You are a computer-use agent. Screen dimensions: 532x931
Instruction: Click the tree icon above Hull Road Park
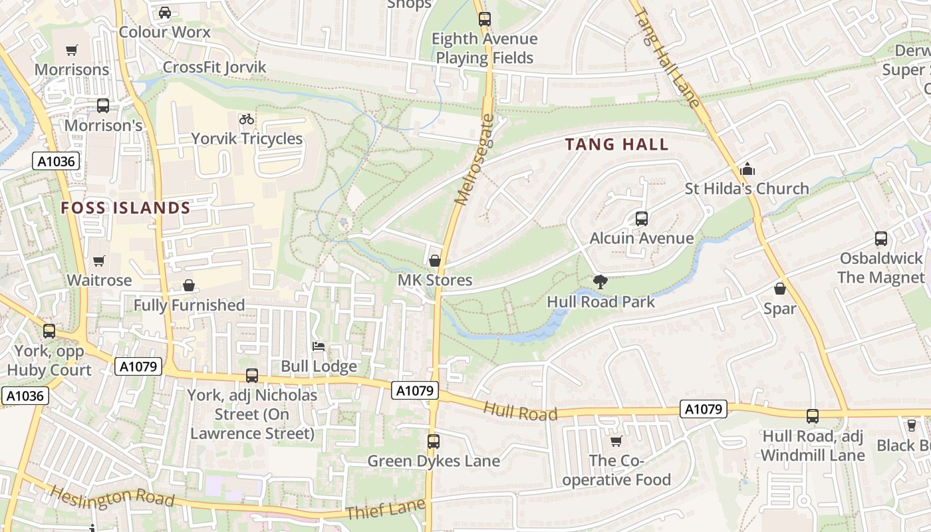[x=600, y=281]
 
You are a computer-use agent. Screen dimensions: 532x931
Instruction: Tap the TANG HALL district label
[x=616, y=144]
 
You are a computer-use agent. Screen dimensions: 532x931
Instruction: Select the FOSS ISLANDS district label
[x=126, y=208]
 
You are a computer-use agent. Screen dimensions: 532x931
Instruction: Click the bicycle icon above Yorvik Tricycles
[x=247, y=119]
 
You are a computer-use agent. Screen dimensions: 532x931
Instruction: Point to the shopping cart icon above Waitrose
[x=99, y=261]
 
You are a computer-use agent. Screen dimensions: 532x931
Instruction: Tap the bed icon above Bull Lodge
[x=319, y=346]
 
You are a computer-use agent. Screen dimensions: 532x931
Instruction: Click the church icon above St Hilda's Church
[x=747, y=169]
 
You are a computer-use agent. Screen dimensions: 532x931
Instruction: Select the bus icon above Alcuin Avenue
[x=641, y=218]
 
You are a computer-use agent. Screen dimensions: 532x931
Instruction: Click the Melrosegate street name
[x=474, y=160]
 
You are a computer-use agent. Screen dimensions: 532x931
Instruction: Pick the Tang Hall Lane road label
[x=667, y=53]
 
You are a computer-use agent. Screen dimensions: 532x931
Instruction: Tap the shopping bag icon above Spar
[x=779, y=289]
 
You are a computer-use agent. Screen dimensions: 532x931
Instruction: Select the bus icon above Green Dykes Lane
[x=433, y=441]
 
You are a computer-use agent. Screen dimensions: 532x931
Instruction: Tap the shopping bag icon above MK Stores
[x=434, y=261]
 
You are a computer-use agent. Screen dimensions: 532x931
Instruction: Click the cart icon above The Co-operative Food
[x=616, y=441]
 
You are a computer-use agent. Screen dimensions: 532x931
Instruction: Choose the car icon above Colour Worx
[x=164, y=12]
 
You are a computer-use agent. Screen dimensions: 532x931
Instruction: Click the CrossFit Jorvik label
[x=214, y=67]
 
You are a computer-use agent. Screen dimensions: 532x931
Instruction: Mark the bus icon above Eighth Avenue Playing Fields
[x=484, y=19]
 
